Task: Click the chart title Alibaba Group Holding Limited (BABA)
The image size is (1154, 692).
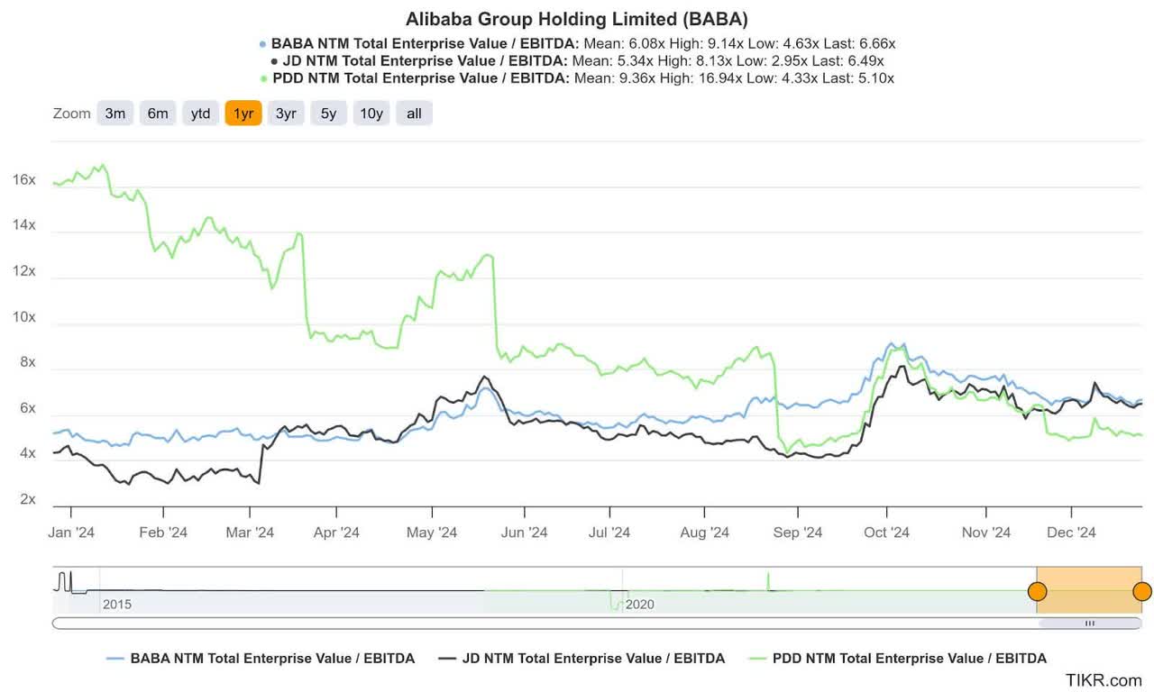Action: click(x=577, y=19)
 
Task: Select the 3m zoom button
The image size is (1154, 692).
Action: click(x=115, y=114)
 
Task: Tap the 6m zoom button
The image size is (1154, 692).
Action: click(x=158, y=114)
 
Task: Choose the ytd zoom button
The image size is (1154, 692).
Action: click(x=200, y=114)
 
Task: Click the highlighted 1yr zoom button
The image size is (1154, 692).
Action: click(x=243, y=114)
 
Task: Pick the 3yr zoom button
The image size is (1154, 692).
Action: click(x=286, y=114)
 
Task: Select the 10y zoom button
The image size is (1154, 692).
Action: click(x=371, y=114)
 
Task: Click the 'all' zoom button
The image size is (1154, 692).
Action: click(x=414, y=114)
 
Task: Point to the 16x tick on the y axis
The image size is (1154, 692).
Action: click(x=24, y=180)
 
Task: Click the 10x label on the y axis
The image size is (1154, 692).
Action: click(x=24, y=317)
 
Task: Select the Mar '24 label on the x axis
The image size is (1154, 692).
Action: click(x=250, y=533)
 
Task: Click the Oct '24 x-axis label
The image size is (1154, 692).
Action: click(x=886, y=533)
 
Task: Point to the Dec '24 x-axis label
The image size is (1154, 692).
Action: click(x=1072, y=533)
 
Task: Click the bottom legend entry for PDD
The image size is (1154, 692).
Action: click(x=897, y=659)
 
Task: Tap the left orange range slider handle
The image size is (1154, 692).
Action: click(x=1038, y=592)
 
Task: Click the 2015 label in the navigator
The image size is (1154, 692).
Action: click(x=117, y=604)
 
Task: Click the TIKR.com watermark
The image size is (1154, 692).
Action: click(x=1104, y=680)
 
